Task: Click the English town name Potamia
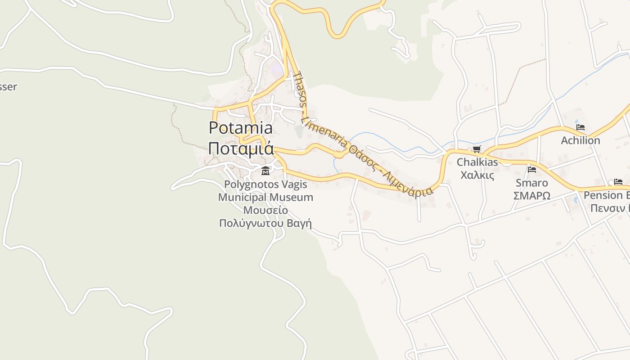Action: (x=240, y=129)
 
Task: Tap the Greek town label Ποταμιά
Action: (x=240, y=148)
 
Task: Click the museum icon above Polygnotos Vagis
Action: (x=265, y=171)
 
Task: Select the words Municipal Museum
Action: (x=265, y=197)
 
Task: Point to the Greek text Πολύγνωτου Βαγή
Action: (x=265, y=223)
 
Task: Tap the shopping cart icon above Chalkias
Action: (x=477, y=149)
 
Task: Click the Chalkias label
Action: (x=476, y=162)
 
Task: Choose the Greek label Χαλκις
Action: (x=476, y=175)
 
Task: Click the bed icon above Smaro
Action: (x=532, y=170)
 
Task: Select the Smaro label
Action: (x=532, y=183)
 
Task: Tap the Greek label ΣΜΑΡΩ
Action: (x=532, y=196)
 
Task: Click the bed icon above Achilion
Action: (x=580, y=127)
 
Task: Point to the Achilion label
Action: (x=580, y=140)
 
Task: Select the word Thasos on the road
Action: (x=298, y=88)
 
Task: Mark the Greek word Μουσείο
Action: (x=265, y=210)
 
